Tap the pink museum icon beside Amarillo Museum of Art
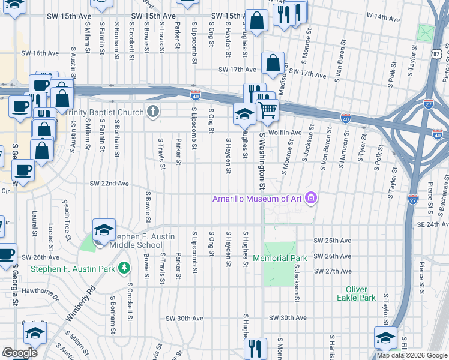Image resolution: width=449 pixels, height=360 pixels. pyautogui.click(x=310, y=198)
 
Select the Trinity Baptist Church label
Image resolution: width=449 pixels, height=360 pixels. pyautogui.click(x=105, y=112)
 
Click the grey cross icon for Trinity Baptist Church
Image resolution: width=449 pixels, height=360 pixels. pyautogui.click(x=153, y=112)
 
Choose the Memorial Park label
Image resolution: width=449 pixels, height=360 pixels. pyautogui.click(x=280, y=258)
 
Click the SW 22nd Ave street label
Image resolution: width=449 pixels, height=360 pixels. pyautogui.click(x=109, y=184)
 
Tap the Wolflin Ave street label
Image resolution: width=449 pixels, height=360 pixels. pyautogui.click(x=285, y=132)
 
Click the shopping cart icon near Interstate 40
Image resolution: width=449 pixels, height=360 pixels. pyautogui.click(x=267, y=110)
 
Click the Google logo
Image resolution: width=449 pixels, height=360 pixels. pyautogui.click(x=20, y=352)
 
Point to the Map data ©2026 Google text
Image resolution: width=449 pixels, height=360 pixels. pyautogui.click(x=412, y=355)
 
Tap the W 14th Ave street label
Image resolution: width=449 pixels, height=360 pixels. pyautogui.click(x=382, y=19)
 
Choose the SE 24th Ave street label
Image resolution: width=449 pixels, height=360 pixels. pyautogui.click(x=433, y=224)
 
